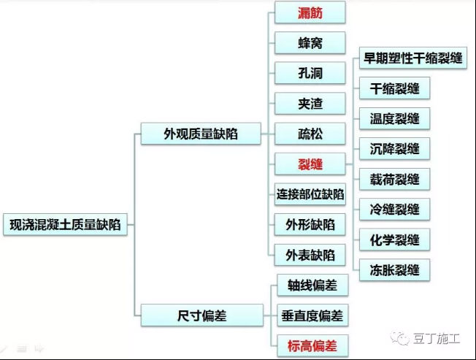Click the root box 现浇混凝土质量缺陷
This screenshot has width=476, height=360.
pos(65,225)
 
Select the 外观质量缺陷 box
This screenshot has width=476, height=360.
pos(201,134)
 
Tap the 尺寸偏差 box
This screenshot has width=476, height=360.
pos(202,315)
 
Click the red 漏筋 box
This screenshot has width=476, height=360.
pos(310,12)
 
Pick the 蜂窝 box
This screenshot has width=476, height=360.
pos(310,43)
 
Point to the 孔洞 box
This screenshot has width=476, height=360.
pos(310,73)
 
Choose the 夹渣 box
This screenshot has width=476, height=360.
pos(310,104)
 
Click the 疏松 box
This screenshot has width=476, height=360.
pos(310,134)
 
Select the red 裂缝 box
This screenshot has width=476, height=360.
pos(310,164)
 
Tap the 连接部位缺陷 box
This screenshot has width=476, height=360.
pos(310,194)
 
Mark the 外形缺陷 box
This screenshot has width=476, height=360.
pos(310,225)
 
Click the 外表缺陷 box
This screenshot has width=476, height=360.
pos(310,255)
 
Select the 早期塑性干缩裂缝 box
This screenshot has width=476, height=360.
pos(413,58)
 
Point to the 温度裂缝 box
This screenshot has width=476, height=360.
pos(395,119)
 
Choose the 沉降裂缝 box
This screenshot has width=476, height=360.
pos(395,149)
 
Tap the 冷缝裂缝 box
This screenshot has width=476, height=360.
pos(395,210)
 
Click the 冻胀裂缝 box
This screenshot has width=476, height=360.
pos(395,270)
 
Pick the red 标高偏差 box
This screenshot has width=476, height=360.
pos(312,345)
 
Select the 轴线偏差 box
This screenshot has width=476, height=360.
pos(312,285)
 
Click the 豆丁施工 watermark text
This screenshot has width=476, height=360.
pos(437,338)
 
